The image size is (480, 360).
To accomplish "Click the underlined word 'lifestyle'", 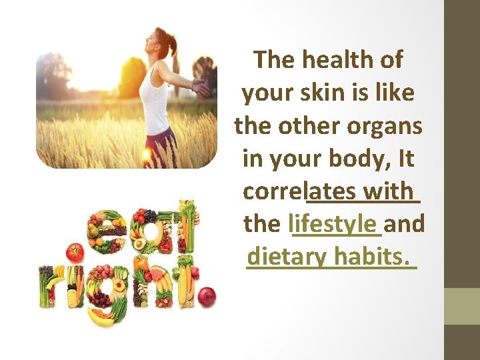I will [x=337, y=223].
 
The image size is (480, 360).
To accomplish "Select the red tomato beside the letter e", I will [x=75, y=253].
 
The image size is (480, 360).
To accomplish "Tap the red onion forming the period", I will [x=207, y=296].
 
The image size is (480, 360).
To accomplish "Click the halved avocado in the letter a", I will [x=140, y=243].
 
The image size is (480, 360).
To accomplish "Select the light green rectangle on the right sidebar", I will [x=462, y=306].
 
